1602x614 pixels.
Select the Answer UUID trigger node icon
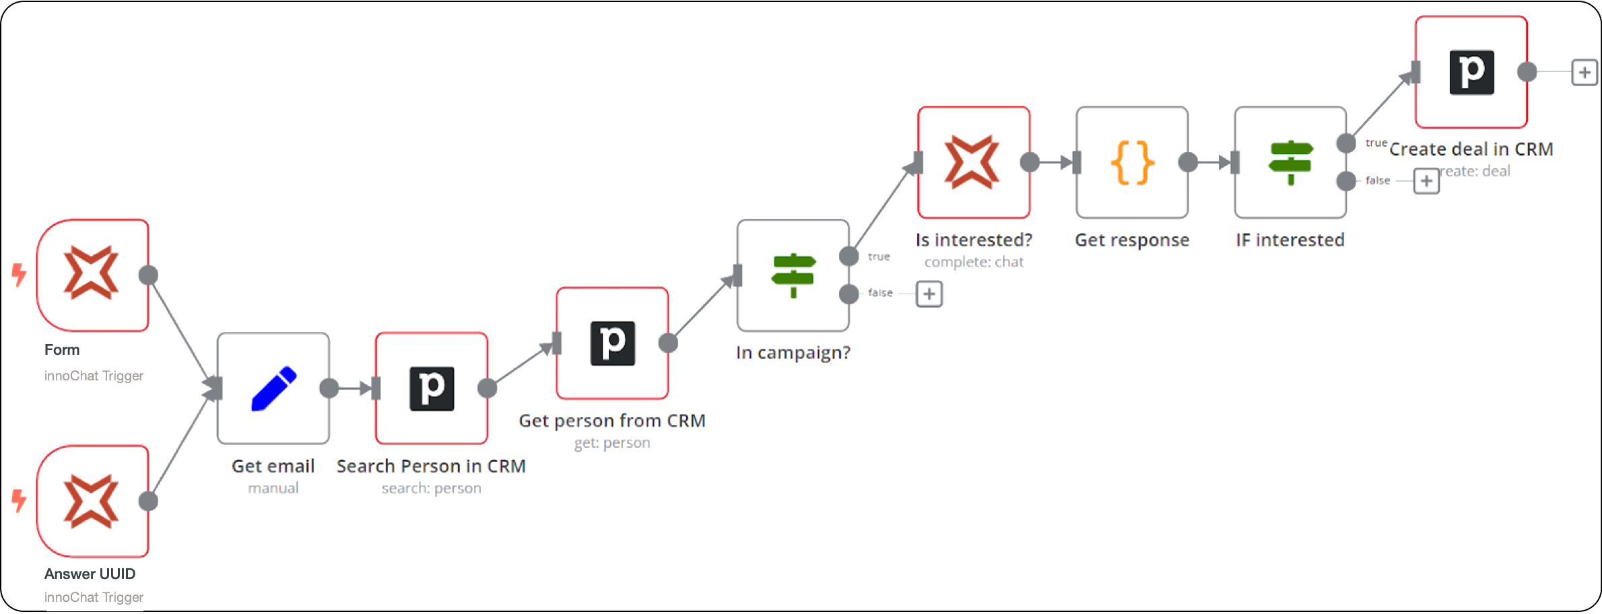point(92,501)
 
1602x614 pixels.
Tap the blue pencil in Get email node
point(273,388)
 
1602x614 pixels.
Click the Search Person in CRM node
point(432,388)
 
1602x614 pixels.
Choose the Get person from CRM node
point(612,343)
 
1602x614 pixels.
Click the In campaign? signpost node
point(793,275)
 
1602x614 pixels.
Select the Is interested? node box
point(974,162)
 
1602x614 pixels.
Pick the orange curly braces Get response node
point(1132,162)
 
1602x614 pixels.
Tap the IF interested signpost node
point(1290,162)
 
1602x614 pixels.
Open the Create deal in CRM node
point(1471,72)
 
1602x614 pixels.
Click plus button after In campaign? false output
point(929,294)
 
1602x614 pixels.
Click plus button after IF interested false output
point(1426,181)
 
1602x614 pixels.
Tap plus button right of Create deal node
point(1584,72)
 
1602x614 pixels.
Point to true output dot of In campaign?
point(849,257)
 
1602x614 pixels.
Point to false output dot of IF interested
point(1346,181)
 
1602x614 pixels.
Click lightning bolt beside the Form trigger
point(20,275)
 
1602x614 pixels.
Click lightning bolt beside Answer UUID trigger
point(20,500)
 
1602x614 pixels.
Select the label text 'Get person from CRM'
point(611,421)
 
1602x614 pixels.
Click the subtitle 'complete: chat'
point(974,262)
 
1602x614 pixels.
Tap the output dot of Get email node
point(329,388)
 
